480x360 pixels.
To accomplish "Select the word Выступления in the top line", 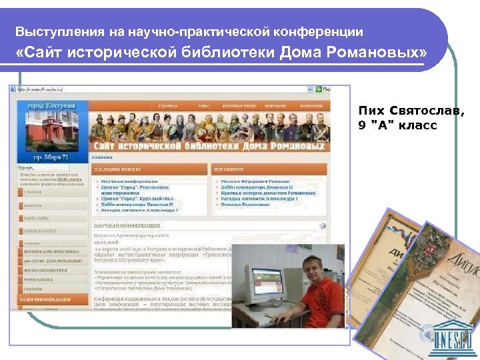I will [56, 31].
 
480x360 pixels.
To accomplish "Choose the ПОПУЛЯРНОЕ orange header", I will [230, 171].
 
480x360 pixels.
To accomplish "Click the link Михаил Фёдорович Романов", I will [254, 181].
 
